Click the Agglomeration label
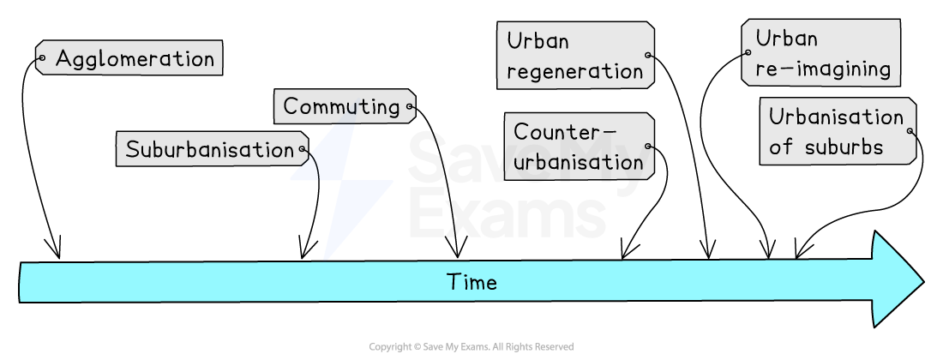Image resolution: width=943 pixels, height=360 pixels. tap(135, 58)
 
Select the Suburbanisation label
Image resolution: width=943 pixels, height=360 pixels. tap(209, 150)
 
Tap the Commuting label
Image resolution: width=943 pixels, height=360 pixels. tap(342, 106)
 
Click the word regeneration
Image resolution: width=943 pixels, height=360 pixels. tap(574, 71)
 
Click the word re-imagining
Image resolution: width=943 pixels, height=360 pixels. tap(822, 69)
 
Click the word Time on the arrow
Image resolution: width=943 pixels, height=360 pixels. tap(471, 282)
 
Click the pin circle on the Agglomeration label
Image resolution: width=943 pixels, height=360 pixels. tap(41, 58)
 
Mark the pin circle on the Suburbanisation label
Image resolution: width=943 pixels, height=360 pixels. tap(302, 150)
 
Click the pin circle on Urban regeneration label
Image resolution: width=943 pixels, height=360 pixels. tap(648, 56)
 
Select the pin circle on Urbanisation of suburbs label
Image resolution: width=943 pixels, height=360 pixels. tap(910, 132)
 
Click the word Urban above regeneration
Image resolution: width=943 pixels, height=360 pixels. tap(538, 41)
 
